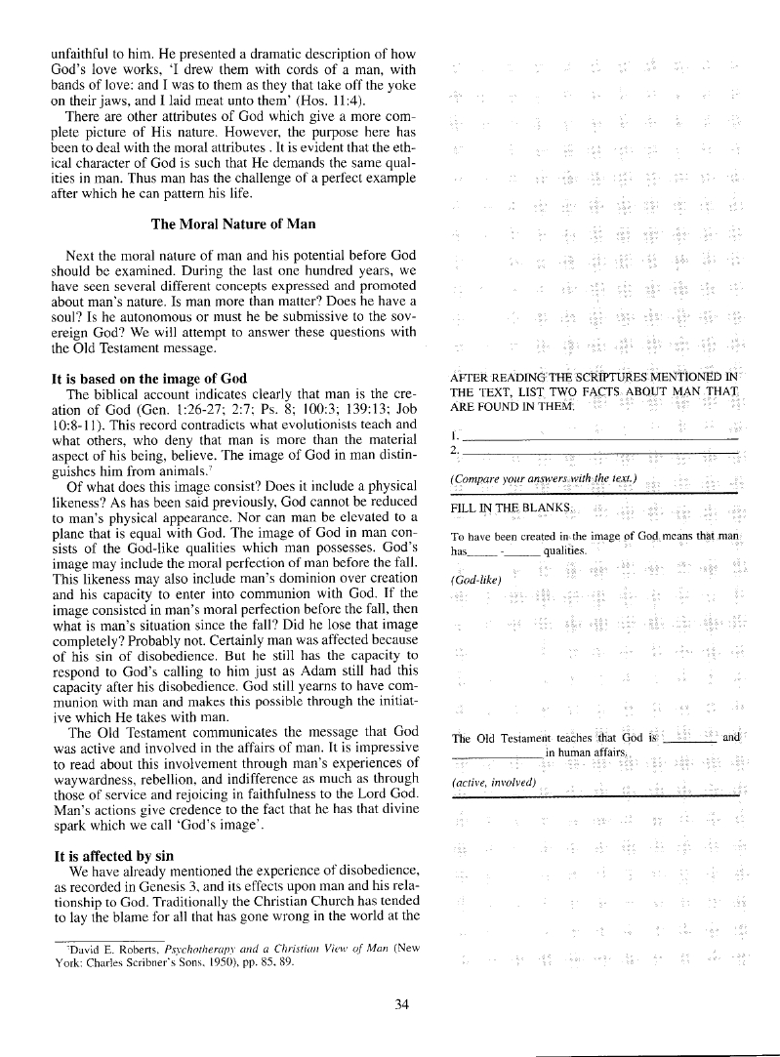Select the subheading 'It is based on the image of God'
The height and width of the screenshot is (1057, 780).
pyautogui.click(x=148, y=379)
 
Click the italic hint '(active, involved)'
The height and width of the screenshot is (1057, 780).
pyautogui.click(x=494, y=783)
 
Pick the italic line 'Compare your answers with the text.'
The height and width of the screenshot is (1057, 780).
pyautogui.click(x=543, y=478)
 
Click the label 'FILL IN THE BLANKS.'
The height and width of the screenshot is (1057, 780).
pyautogui.click(x=509, y=508)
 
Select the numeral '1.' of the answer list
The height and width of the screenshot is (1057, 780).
pyautogui.click(x=455, y=433)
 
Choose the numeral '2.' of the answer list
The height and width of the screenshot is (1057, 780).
pyautogui.click(x=455, y=450)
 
